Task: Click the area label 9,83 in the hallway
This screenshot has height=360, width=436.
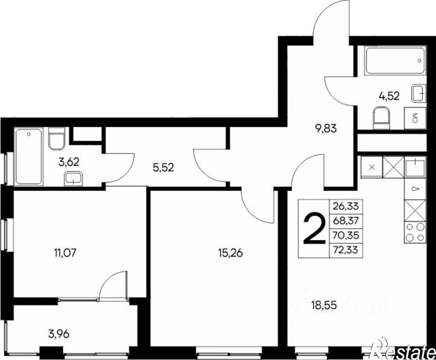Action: pos(326,129)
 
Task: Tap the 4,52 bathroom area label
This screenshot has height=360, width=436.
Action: pos(389,96)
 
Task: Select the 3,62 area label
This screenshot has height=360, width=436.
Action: pos(69,162)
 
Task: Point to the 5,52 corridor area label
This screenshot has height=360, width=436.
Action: pos(163,167)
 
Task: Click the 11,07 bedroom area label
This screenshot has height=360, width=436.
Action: pos(65,253)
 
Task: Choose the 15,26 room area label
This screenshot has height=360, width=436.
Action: pos(231,253)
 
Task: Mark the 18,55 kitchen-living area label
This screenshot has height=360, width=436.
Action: pos(325,305)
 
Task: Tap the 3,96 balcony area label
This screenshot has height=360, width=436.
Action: pos(59,334)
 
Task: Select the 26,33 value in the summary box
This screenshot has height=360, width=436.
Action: pos(346,206)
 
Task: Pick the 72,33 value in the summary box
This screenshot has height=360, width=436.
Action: pos(346,249)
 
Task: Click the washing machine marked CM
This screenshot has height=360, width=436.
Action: pos(415,119)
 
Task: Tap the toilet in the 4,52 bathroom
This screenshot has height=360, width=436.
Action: pos(381,119)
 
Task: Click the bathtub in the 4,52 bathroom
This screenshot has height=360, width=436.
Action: pos(395,60)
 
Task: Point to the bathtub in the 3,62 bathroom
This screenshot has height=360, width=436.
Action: pos(29,157)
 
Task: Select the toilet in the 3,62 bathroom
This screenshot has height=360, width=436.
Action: pos(57,138)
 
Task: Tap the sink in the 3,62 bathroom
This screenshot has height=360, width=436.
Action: pos(73,179)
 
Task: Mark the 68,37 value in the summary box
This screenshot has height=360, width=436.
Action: pos(346,221)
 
